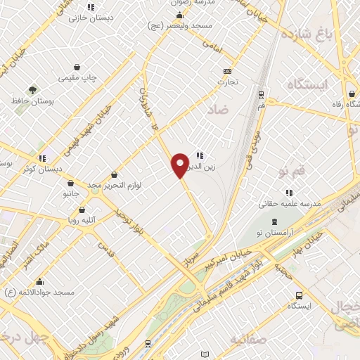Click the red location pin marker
pos(180,165)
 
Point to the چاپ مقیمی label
pos(78,76)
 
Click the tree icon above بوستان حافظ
pos(32,90)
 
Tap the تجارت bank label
pos(227,82)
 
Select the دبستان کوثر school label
pos(42,169)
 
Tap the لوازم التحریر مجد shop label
pos(114,185)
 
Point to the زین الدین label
pos(199,167)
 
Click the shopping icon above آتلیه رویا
pos(82,210)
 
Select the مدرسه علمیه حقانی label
pos(290,203)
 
